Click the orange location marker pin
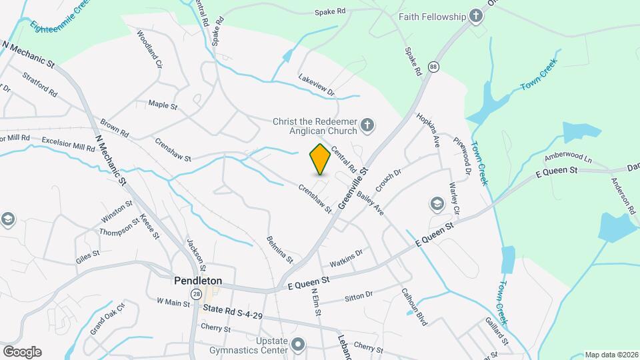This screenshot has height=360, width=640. (320, 159)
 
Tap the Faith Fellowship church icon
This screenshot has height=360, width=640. (476, 16)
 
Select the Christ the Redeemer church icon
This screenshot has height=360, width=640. (367, 125)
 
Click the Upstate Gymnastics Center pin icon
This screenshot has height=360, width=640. (298, 345)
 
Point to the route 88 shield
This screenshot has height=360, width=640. (434, 67)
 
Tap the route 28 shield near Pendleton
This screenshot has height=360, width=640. (195, 294)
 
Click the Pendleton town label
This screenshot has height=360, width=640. (198, 281)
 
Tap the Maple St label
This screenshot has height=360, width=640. (163, 105)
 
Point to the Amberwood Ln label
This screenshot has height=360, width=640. (567, 158)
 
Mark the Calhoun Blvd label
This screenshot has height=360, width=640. (414, 306)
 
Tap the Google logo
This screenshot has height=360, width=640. (22, 351)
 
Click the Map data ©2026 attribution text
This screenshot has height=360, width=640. (611, 355)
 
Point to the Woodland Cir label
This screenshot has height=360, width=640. (150, 49)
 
